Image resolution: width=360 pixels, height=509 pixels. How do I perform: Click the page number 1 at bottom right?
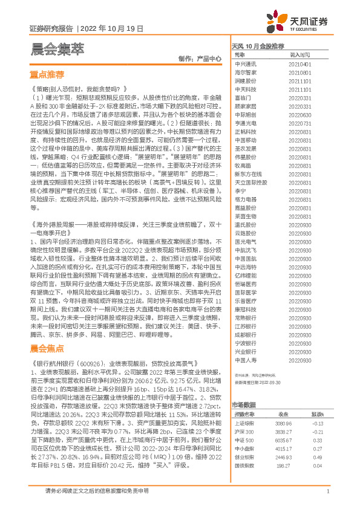click(327, 491)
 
